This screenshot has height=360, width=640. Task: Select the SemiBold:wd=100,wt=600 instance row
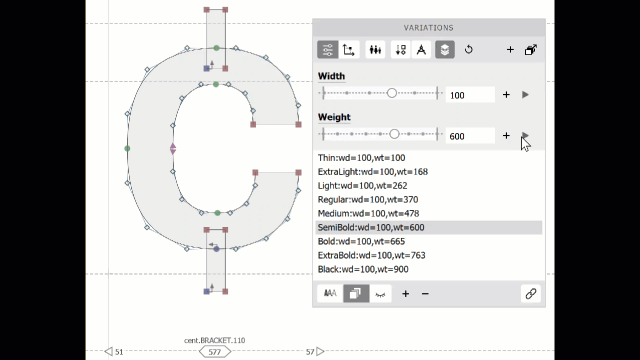(x=371, y=227)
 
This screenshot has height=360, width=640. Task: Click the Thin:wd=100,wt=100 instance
(x=361, y=157)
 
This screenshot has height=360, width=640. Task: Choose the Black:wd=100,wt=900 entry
(x=363, y=269)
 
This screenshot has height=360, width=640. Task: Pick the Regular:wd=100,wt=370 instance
(x=368, y=199)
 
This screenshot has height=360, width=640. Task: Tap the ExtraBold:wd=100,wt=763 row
(x=371, y=255)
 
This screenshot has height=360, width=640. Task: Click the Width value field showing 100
(x=470, y=95)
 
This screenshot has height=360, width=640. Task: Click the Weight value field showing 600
(x=470, y=136)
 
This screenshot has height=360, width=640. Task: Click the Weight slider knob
(x=394, y=134)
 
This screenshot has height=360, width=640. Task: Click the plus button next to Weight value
(x=506, y=135)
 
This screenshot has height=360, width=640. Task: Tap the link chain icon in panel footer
(x=531, y=293)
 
